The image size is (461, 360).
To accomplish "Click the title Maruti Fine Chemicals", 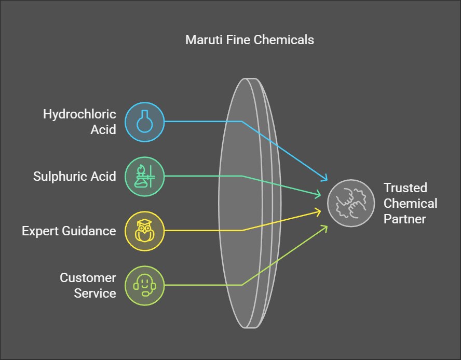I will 250,39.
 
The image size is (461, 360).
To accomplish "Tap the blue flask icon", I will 144,122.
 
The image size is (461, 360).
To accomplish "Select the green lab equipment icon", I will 144,176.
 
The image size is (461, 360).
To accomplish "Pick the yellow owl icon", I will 144,230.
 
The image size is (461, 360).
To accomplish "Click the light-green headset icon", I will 144,285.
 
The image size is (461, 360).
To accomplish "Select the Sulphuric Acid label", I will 75,176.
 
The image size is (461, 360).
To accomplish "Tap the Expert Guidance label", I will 69,231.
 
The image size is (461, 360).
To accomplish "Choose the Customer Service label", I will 88,285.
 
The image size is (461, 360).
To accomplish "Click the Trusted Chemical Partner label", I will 410,203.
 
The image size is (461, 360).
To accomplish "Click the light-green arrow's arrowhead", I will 325,227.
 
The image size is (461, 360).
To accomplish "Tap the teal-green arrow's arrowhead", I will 319,195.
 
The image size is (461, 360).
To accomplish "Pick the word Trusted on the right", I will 405,188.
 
